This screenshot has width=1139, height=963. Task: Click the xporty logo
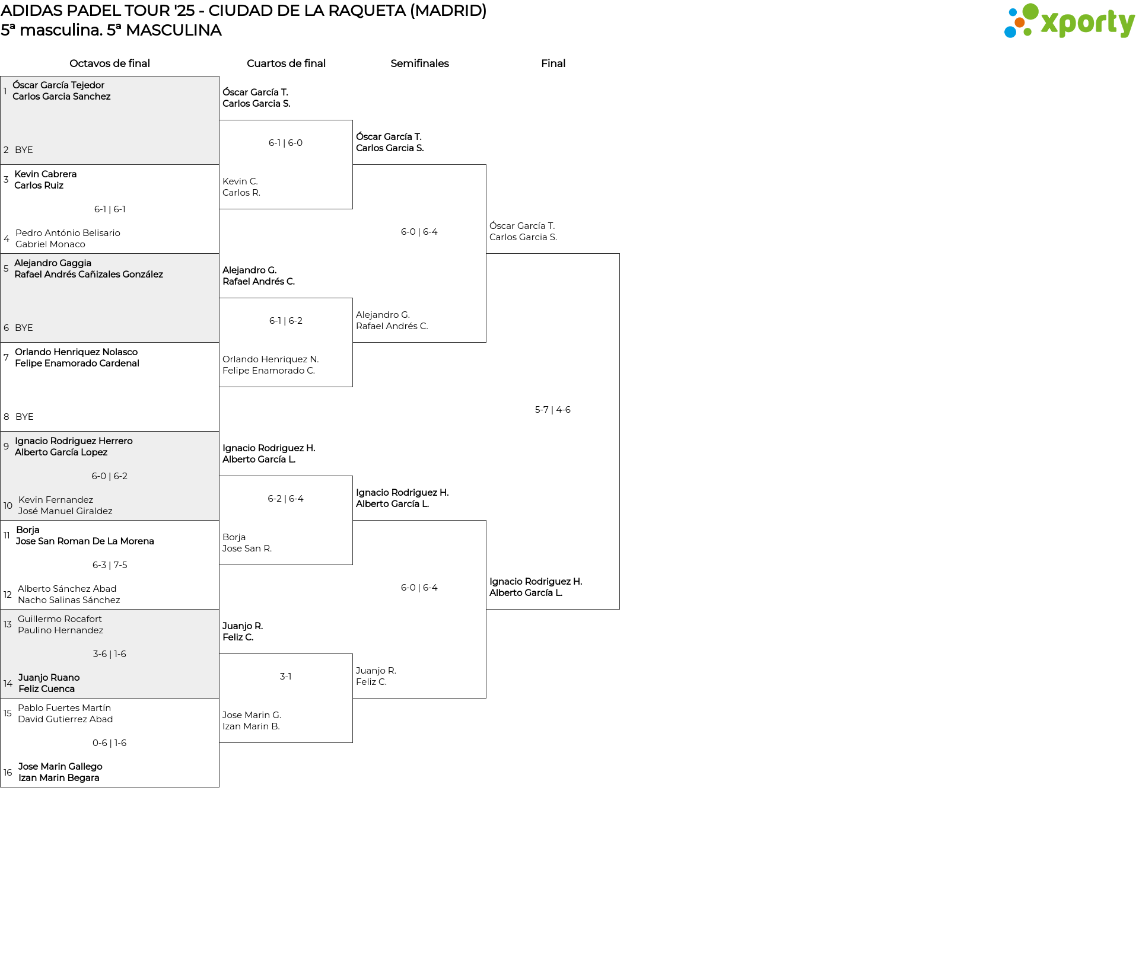coord(1069,21)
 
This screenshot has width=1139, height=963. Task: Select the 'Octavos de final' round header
coord(110,63)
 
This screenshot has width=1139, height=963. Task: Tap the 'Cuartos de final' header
coord(286,63)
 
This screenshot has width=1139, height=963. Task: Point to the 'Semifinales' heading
coord(419,63)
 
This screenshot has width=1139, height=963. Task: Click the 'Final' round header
coord(553,63)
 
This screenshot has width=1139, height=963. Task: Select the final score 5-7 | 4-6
coord(553,410)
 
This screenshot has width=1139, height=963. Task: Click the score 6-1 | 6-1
coord(110,209)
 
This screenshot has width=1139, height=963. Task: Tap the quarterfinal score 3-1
coord(285,677)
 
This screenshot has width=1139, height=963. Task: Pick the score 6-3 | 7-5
coord(110,565)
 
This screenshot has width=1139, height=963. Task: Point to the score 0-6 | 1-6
coord(110,743)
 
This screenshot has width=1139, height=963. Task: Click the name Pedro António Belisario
coord(68,233)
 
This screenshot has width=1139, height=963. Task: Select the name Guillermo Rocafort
coord(60,619)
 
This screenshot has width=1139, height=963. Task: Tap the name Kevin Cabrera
coord(46,174)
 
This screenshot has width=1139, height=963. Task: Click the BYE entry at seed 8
coord(24,417)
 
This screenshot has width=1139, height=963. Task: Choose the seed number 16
coord(8,773)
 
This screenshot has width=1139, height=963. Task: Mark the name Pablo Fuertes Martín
coord(64,708)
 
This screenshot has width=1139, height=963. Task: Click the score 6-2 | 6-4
coord(285,499)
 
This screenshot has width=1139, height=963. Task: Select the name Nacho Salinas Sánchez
coord(69,600)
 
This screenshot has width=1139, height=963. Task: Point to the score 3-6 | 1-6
coord(110,654)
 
